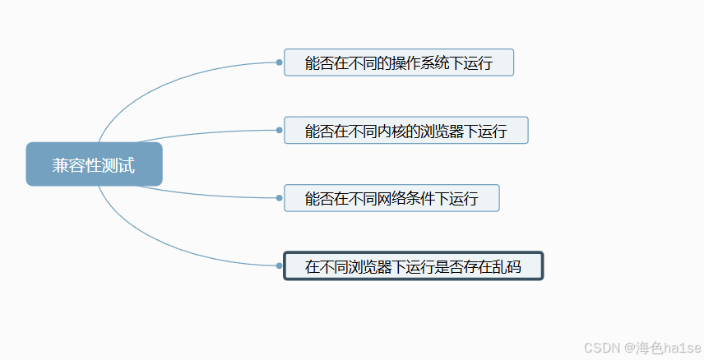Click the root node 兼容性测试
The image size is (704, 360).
94,164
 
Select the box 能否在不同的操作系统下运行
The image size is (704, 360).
399,62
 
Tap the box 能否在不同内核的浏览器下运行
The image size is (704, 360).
405,130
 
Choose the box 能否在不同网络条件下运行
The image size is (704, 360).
391,198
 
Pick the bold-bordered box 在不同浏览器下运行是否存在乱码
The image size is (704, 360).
413,265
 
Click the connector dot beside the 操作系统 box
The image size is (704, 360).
280,62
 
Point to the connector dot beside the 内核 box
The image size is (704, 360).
280,130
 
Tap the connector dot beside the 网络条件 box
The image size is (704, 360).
280,198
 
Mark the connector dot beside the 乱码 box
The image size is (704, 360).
280,265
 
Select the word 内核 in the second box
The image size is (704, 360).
386,131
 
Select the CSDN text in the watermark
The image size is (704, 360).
601,348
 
